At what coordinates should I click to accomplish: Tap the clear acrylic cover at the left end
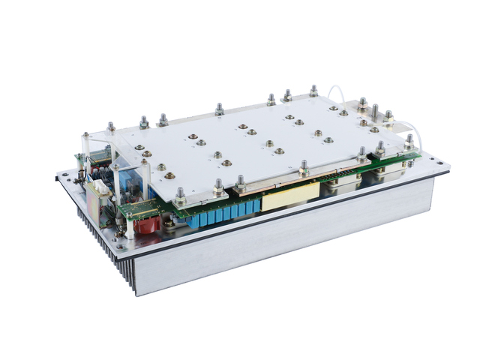pos(112,161)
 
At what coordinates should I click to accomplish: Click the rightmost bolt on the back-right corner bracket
pos(388,116)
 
